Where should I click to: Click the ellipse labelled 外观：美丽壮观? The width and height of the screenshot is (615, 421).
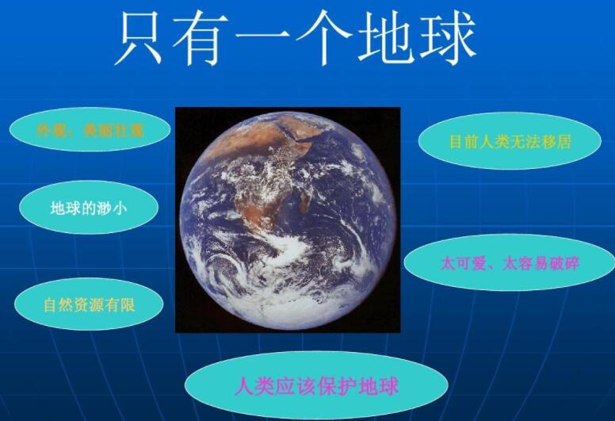tap(90, 130)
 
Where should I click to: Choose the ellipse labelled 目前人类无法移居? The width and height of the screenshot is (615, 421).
tap(510, 141)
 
